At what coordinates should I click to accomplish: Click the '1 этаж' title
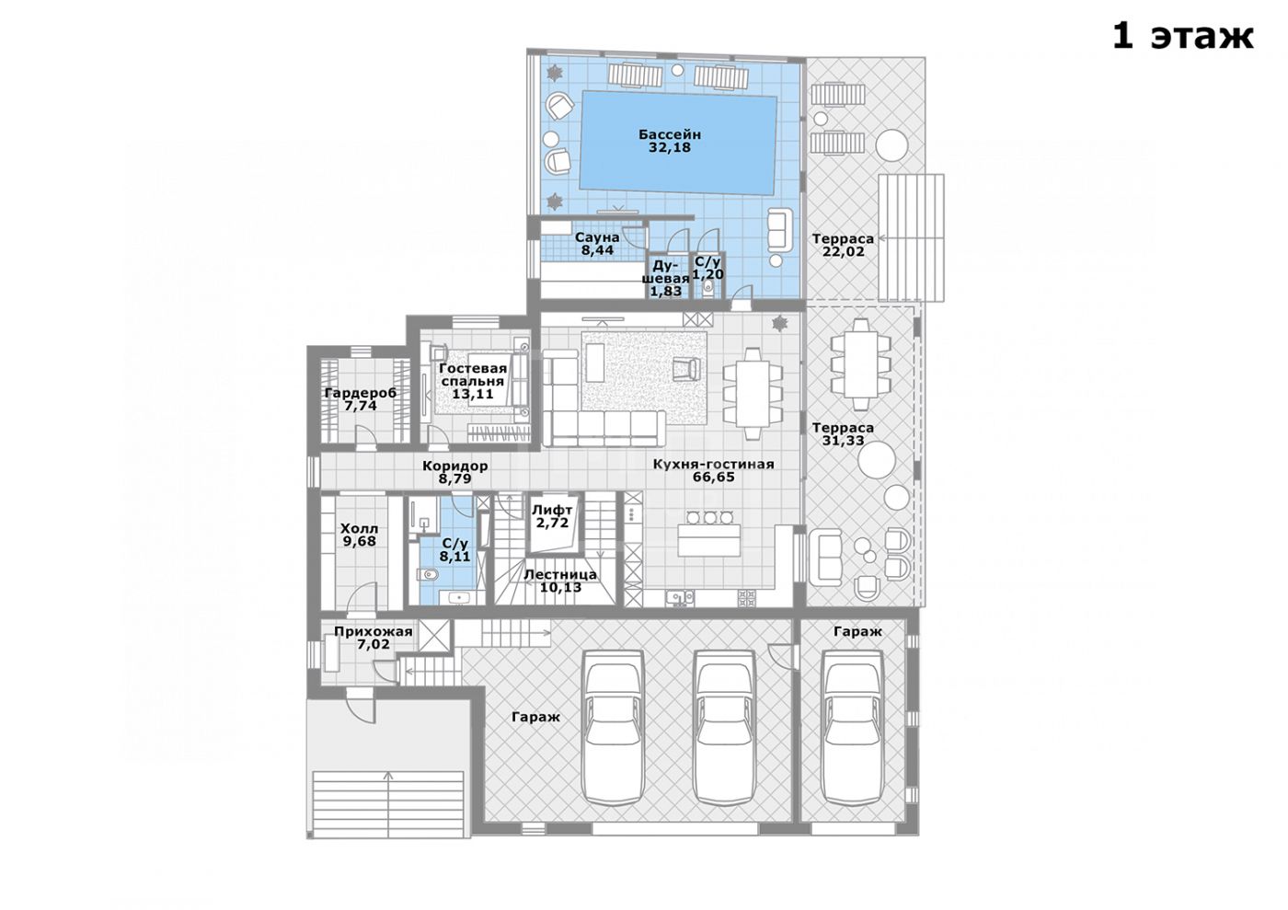pos(1183,38)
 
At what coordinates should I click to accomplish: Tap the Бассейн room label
pos(670,134)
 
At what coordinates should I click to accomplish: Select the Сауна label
pos(597,237)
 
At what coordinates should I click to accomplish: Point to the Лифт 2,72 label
pos(552,516)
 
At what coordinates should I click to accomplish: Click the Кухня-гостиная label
pos(714,465)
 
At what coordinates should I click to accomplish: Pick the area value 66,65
pos(714,477)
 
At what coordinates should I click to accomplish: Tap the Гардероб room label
pos(361,394)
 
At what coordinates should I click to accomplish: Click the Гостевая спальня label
pos(473,375)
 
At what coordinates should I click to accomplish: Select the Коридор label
pos(454,466)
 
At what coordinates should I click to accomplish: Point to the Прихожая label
pos(374,631)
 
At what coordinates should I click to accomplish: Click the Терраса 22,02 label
pos(843,245)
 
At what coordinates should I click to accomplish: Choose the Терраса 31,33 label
pos(843,434)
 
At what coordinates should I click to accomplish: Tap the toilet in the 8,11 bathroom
pos(427,573)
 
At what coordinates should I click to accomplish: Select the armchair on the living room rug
pos(686,368)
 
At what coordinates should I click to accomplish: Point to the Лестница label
pos(560,575)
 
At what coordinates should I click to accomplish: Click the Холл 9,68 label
pos(360,535)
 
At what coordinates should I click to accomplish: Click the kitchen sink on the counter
pos(680,598)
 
